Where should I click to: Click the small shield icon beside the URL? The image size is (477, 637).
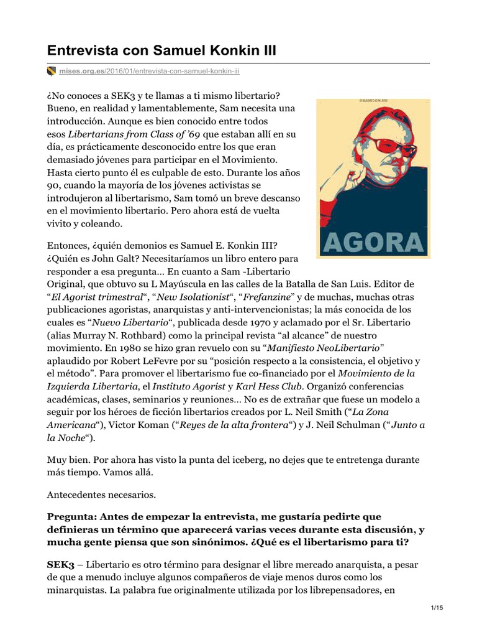pyautogui.click(x=51, y=72)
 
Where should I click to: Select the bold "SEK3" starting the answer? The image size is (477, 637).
pyautogui.click(x=60, y=564)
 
